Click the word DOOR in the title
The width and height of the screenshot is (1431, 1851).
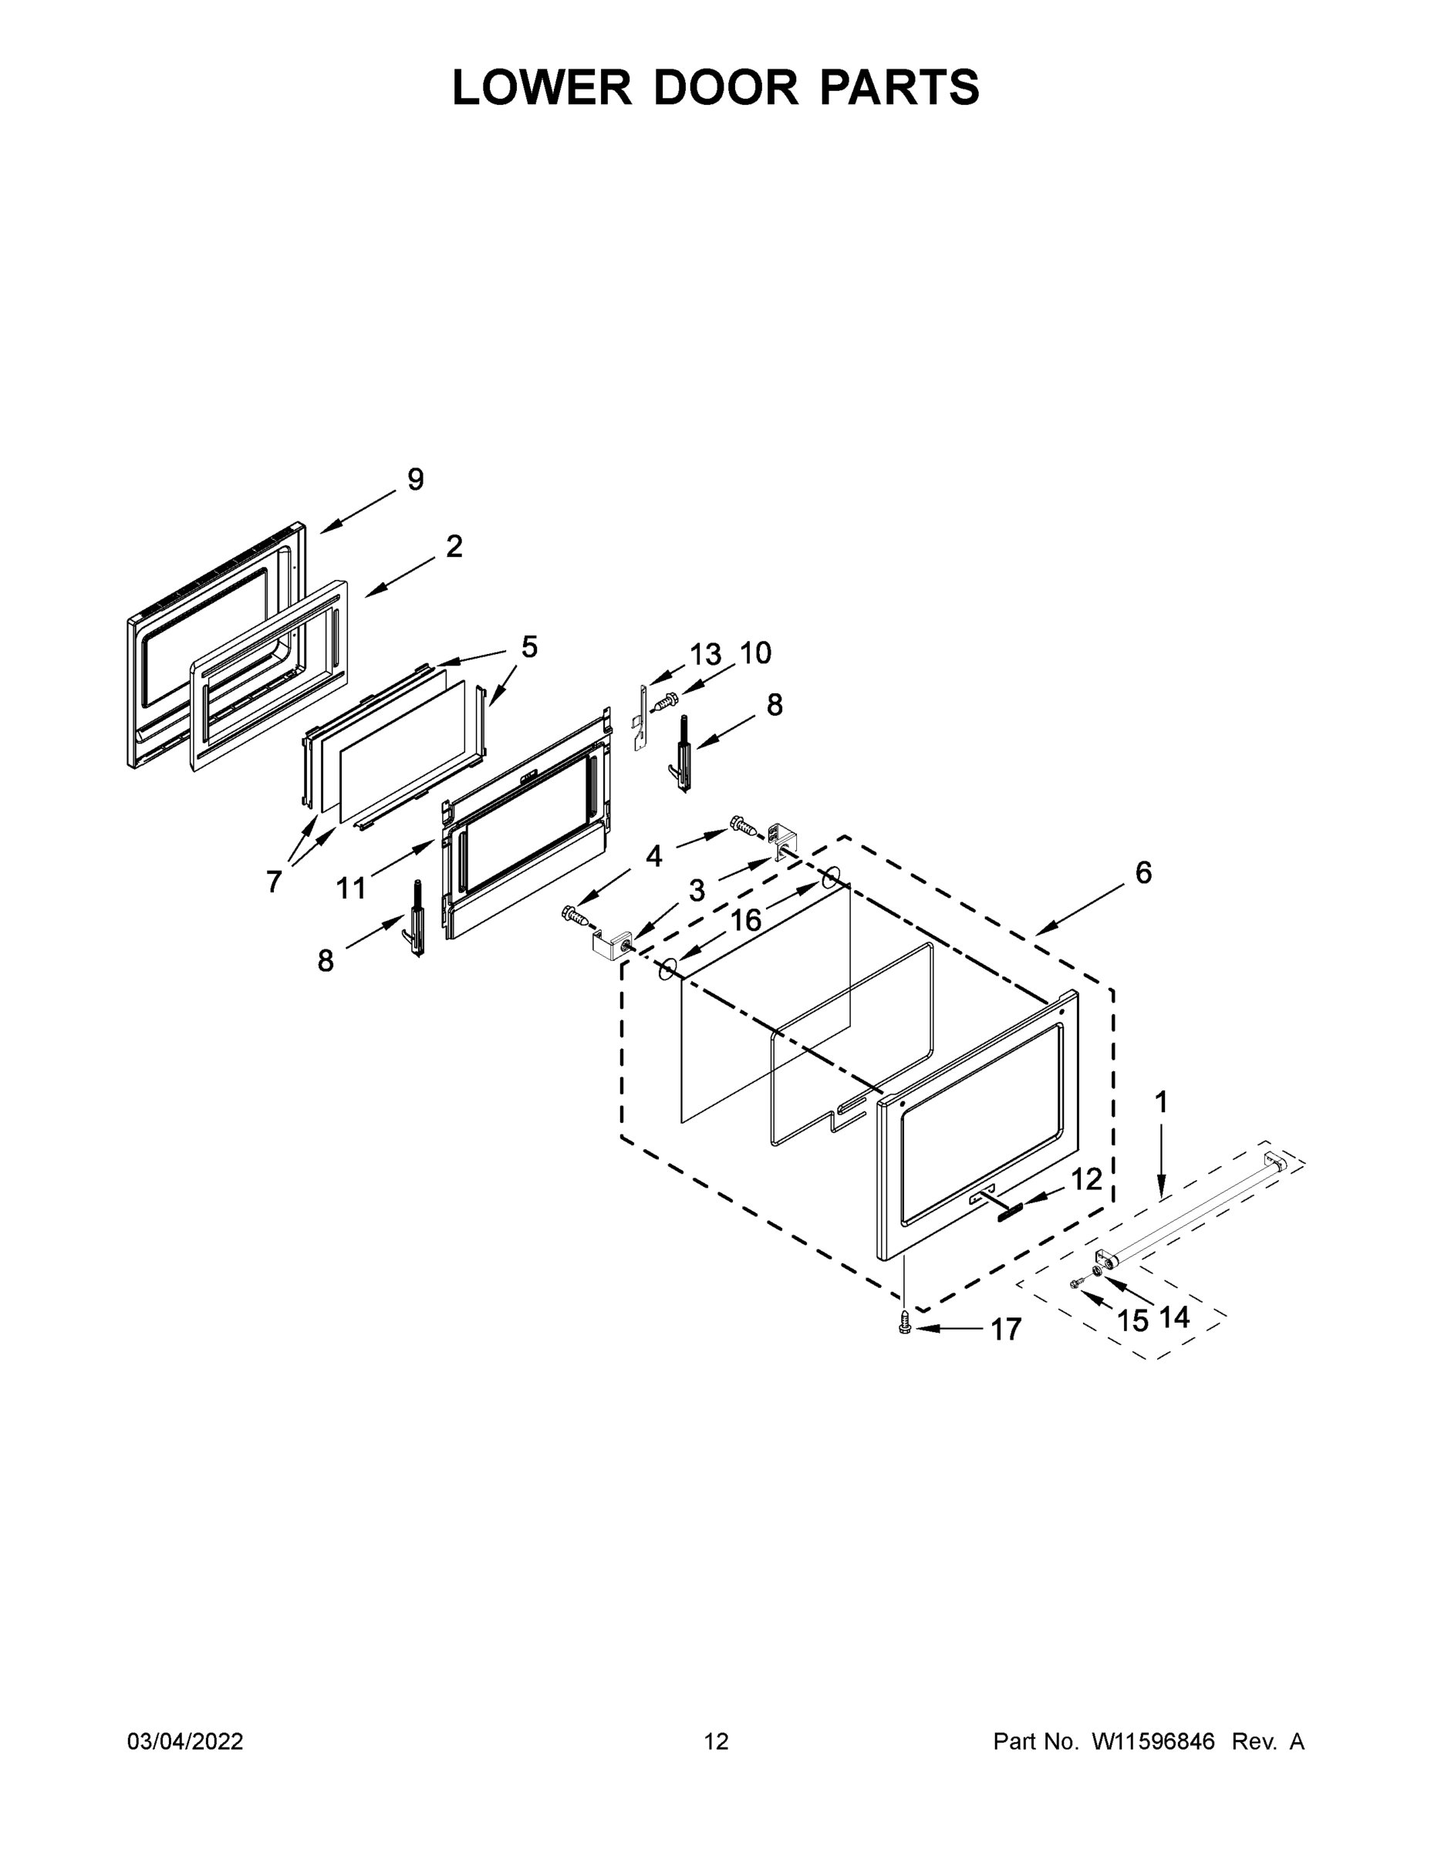[726, 87]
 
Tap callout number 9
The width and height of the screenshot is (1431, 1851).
[415, 480]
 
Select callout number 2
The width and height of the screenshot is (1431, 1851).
[454, 548]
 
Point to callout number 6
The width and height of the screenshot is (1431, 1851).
[1143, 873]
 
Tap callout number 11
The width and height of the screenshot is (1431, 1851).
[351, 888]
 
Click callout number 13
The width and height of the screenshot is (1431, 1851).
[704, 655]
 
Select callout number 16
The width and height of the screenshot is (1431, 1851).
[746, 920]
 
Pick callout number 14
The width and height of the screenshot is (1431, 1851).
[1174, 1317]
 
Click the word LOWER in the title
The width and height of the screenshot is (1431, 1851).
[542, 87]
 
